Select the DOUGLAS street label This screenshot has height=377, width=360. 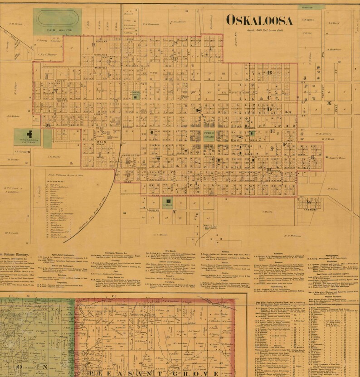click(151, 211)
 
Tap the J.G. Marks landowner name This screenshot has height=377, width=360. click(53, 157)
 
